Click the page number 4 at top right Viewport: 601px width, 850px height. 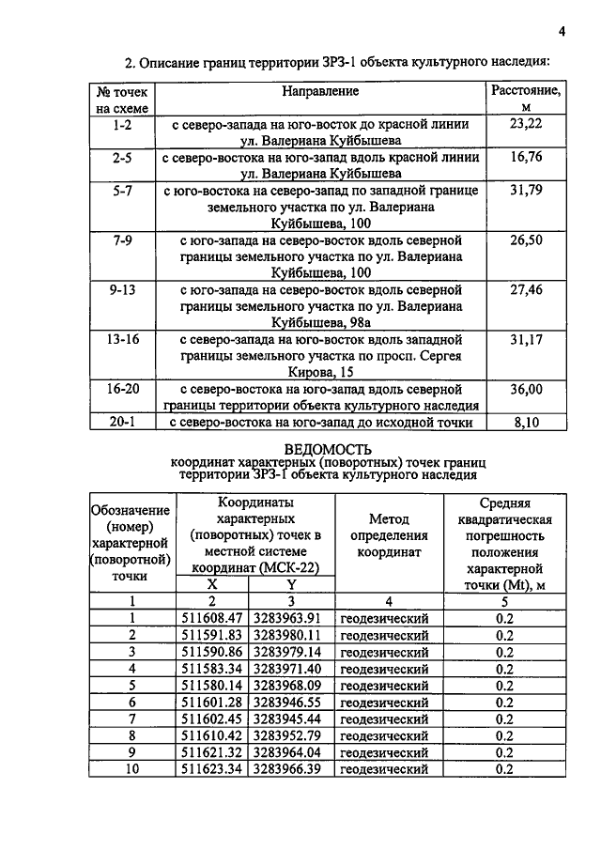coord(561,31)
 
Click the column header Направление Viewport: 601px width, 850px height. coord(320,92)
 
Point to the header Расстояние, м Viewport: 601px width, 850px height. coord(526,100)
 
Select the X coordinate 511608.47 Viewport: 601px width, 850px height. coord(212,618)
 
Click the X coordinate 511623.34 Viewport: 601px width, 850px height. coord(212,769)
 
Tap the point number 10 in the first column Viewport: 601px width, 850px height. coord(132,769)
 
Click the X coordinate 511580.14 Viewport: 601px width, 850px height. coord(212,685)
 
